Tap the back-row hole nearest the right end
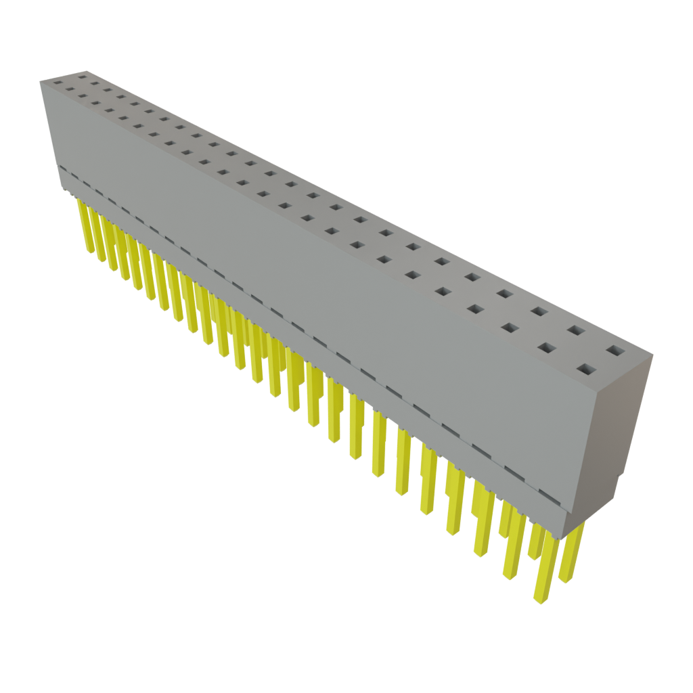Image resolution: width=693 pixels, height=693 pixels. click(614, 351)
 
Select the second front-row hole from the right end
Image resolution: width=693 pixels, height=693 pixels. click(547, 348)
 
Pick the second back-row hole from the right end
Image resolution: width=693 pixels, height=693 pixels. click(576, 330)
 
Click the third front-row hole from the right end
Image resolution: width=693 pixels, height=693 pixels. click(510, 328)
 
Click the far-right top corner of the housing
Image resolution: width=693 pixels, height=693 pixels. click(652, 355)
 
